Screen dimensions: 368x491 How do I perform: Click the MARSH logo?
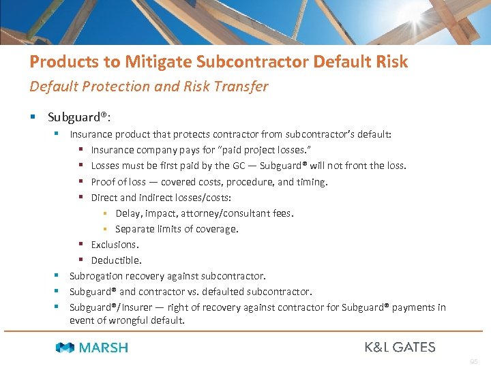[92, 348]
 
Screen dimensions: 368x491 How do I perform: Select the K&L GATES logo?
[400, 347]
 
